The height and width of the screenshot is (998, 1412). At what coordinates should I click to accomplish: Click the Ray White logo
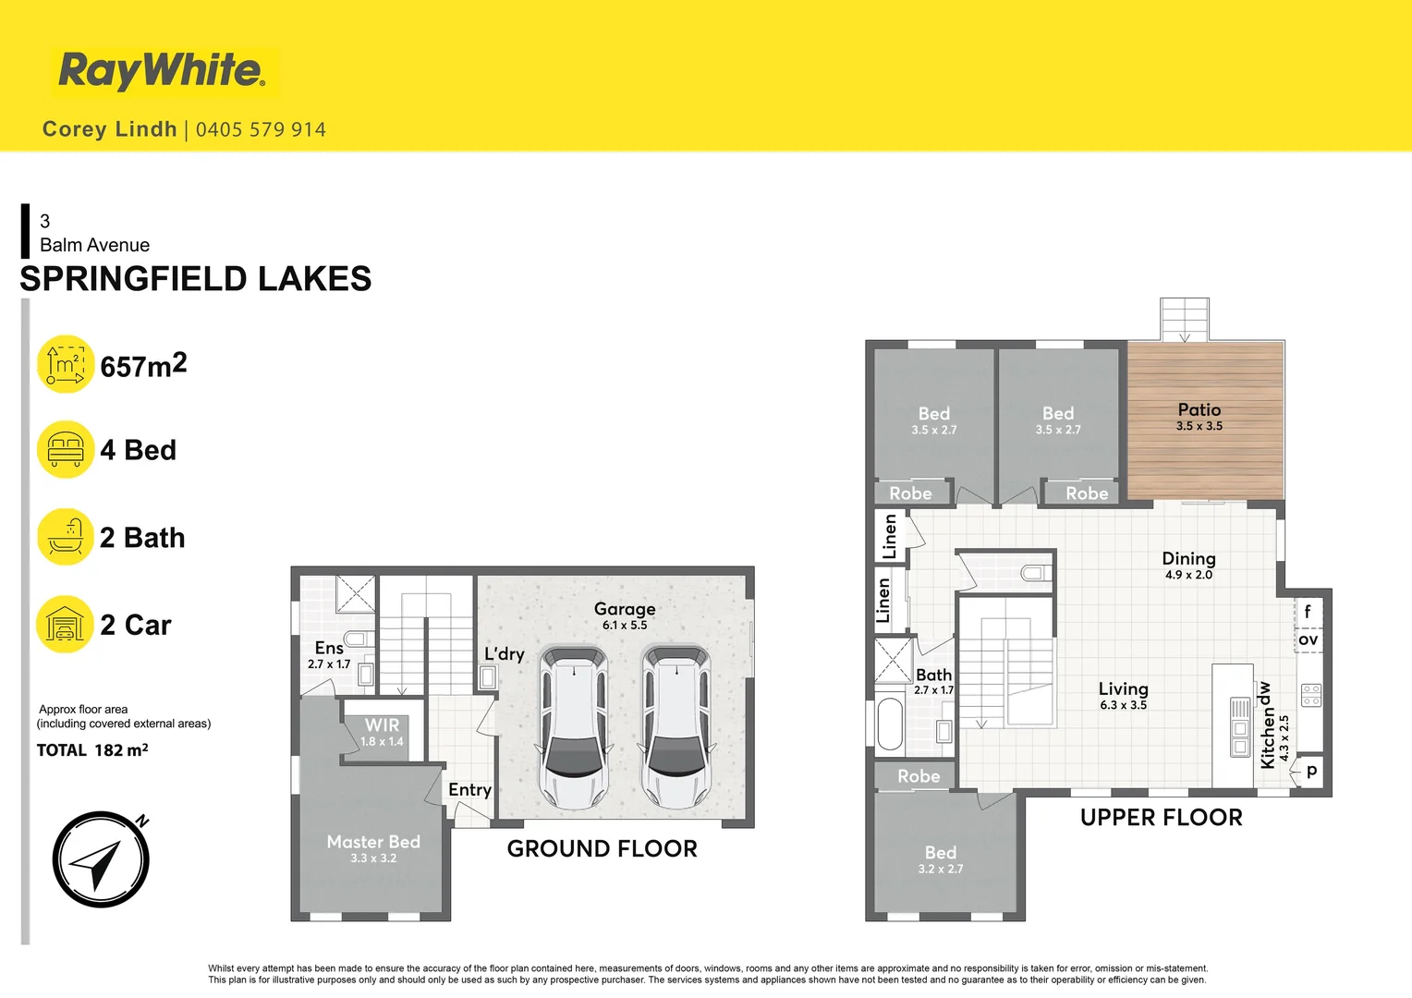pos(162,70)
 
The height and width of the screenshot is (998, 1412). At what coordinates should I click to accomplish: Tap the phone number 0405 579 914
pos(261,129)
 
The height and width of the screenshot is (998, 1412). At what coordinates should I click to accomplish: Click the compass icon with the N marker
pos(101,859)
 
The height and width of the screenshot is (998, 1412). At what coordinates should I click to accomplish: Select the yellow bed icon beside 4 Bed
pos(66,449)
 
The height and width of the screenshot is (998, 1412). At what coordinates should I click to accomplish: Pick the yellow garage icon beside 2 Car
pos(66,624)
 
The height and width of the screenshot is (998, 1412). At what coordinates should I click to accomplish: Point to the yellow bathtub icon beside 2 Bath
pos(66,537)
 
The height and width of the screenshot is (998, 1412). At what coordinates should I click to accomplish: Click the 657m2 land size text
pos(144,366)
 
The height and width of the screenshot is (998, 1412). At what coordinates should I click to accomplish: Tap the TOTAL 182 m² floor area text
pos(92,750)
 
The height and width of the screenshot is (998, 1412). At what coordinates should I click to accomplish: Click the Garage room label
pos(625,609)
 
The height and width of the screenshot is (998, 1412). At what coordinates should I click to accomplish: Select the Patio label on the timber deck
pos(1199,409)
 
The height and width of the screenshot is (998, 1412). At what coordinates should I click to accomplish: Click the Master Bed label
pos(373,842)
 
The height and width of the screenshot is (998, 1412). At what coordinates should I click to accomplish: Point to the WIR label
pos(382,725)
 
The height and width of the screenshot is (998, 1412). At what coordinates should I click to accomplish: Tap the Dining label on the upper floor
pos(1189,558)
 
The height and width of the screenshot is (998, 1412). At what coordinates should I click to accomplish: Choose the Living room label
pos(1124,689)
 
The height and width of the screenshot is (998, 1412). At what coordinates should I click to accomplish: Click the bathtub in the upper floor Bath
pos(890,724)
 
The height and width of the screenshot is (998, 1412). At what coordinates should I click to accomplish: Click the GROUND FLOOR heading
pos(602,848)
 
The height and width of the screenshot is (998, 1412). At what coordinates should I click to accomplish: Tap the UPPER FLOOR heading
pos(1162,818)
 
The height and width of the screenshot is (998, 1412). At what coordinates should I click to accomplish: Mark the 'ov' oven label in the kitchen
pos(1308,639)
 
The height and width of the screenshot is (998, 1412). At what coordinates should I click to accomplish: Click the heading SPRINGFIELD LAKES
pos(196,279)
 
